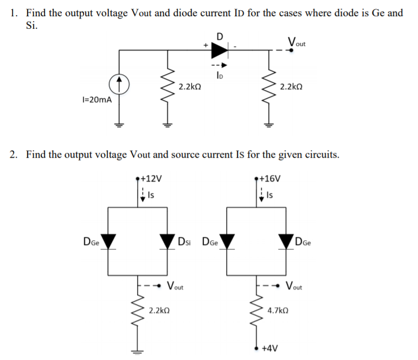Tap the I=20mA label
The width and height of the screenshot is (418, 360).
click(97, 100)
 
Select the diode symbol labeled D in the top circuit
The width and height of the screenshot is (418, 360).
click(219, 50)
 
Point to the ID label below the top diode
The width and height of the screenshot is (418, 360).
click(218, 76)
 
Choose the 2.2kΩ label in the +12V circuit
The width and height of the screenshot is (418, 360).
click(159, 311)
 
